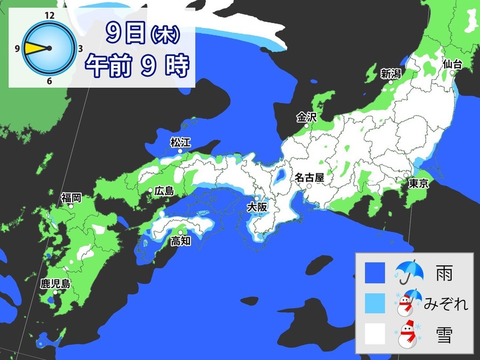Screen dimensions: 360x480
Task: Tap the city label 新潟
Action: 390,74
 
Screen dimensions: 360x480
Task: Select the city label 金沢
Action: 307,117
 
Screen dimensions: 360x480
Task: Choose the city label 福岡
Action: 71,198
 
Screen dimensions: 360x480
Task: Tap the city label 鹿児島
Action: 55,283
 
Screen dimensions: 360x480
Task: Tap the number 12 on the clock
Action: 50,15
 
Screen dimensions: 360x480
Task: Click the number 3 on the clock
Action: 79,49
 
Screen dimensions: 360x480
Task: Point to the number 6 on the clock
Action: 50,81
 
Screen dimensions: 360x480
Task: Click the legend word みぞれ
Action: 446,305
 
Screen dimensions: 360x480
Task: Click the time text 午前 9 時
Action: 138,66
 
